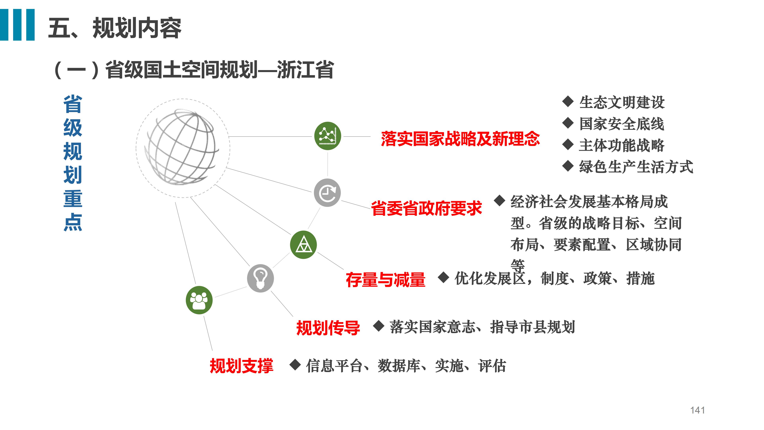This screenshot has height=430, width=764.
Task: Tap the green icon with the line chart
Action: [327, 136]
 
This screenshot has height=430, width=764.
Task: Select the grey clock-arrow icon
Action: [327, 193]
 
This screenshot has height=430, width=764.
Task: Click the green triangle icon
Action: [303, 244]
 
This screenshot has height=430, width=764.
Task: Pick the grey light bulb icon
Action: [260, 278]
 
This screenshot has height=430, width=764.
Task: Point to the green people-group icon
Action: [199, 300]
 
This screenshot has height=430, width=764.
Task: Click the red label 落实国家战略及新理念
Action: [460, 139]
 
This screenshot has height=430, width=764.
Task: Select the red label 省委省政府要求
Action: [427, 208]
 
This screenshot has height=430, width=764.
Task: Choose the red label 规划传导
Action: [328, 328]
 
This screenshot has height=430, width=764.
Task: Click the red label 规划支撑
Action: [241, 366]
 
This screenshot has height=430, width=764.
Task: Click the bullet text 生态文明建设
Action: [622, 102]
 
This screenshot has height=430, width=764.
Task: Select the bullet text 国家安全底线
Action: [622, 124]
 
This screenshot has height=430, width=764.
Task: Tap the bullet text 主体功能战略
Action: [622, 145]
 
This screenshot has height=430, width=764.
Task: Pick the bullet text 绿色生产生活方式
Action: [636, 167]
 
